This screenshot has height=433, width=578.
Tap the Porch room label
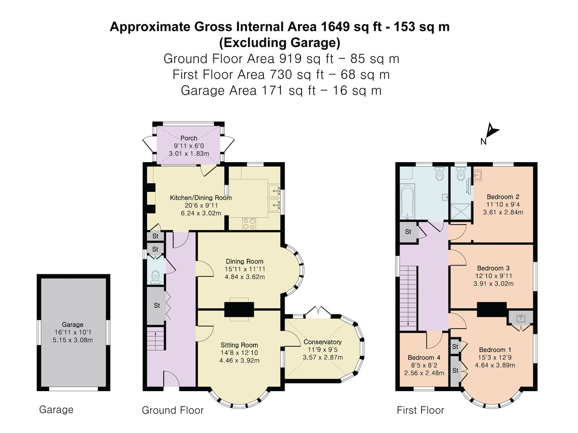(188, 138)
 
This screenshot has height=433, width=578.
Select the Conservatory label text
(322, 342)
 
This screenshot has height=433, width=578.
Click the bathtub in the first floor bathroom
(407, 202)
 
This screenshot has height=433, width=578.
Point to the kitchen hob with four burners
(249, 223)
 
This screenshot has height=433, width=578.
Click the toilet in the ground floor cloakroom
(156, 277)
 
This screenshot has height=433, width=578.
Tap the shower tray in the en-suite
(460, 212)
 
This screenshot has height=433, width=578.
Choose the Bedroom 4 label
(424, 357)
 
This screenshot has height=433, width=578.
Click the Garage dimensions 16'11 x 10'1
(73, 332)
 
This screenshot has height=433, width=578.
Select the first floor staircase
(408, 298)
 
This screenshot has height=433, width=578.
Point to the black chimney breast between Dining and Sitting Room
(239, 309)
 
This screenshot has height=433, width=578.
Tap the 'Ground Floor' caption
(173, 410)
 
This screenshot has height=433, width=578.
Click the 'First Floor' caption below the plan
(420, 410)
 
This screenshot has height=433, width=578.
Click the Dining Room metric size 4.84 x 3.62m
(245, 277)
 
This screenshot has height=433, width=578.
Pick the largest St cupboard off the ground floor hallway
(157, 306)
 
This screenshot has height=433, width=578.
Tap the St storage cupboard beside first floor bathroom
(408, 231)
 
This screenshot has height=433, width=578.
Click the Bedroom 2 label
(503, 197)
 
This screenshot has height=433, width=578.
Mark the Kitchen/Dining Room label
(201, 198)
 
